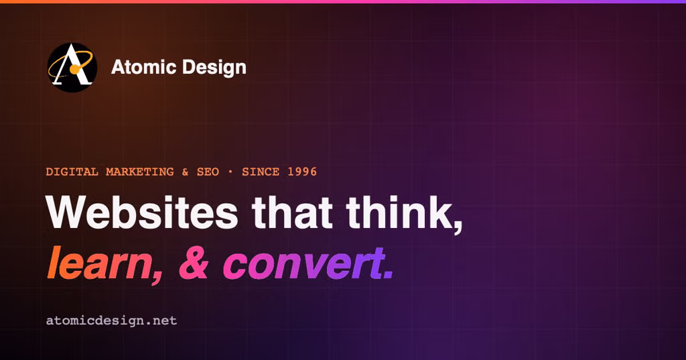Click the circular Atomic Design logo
point(72,68)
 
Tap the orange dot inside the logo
point(75,69)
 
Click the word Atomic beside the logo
point(143,67)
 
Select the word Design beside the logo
point(214,68)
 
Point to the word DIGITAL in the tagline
point(72,172)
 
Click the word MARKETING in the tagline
point(140,172)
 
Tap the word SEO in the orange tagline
point(208,172)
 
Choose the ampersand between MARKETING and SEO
point(185,172)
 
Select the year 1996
point(302,172)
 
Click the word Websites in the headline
point(142,212)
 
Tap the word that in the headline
point(292,212)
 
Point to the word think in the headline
point(398,212)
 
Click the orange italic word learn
point(99,263)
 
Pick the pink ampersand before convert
point(194,263)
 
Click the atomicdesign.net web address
point(112,320)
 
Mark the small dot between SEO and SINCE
point(230,172)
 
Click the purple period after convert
point(388,275)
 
